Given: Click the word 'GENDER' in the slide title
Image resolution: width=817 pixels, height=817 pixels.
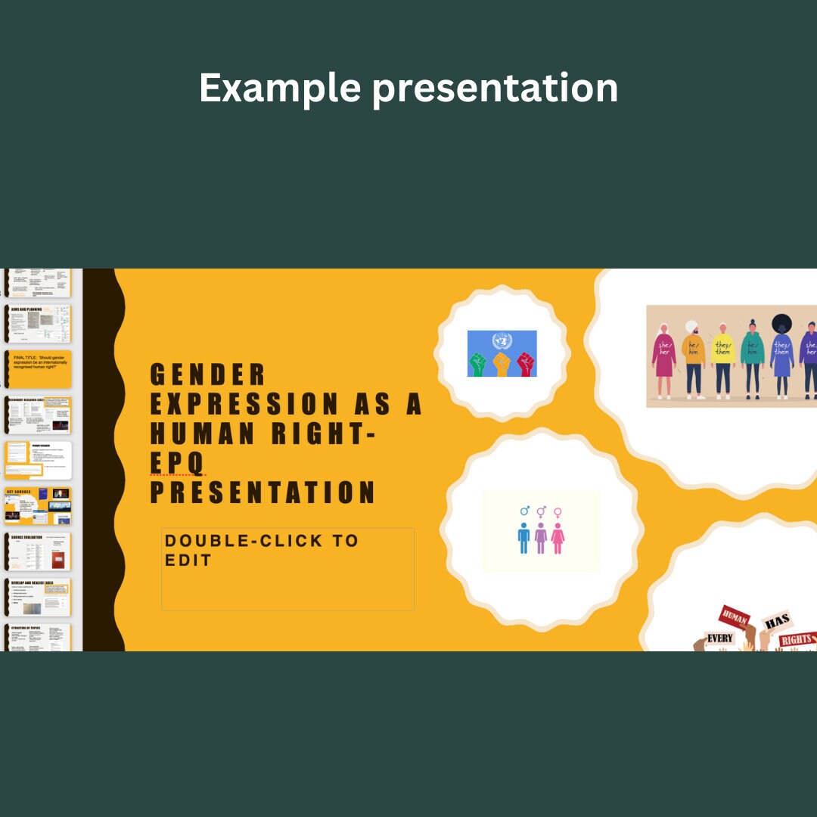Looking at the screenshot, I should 208,374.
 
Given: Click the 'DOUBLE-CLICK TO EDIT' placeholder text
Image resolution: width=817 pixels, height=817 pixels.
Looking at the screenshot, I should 261,550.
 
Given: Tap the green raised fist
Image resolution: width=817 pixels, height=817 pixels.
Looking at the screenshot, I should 478,363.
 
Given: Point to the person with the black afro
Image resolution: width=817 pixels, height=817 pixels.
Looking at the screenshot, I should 781,356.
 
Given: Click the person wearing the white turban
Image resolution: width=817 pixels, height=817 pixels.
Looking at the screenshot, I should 693,359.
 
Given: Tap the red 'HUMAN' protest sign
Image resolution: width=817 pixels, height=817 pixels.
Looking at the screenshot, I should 734,617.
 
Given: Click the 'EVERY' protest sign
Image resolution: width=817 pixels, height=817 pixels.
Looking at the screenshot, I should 719,638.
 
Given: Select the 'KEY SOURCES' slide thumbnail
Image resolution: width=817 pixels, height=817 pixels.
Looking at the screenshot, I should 38,506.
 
